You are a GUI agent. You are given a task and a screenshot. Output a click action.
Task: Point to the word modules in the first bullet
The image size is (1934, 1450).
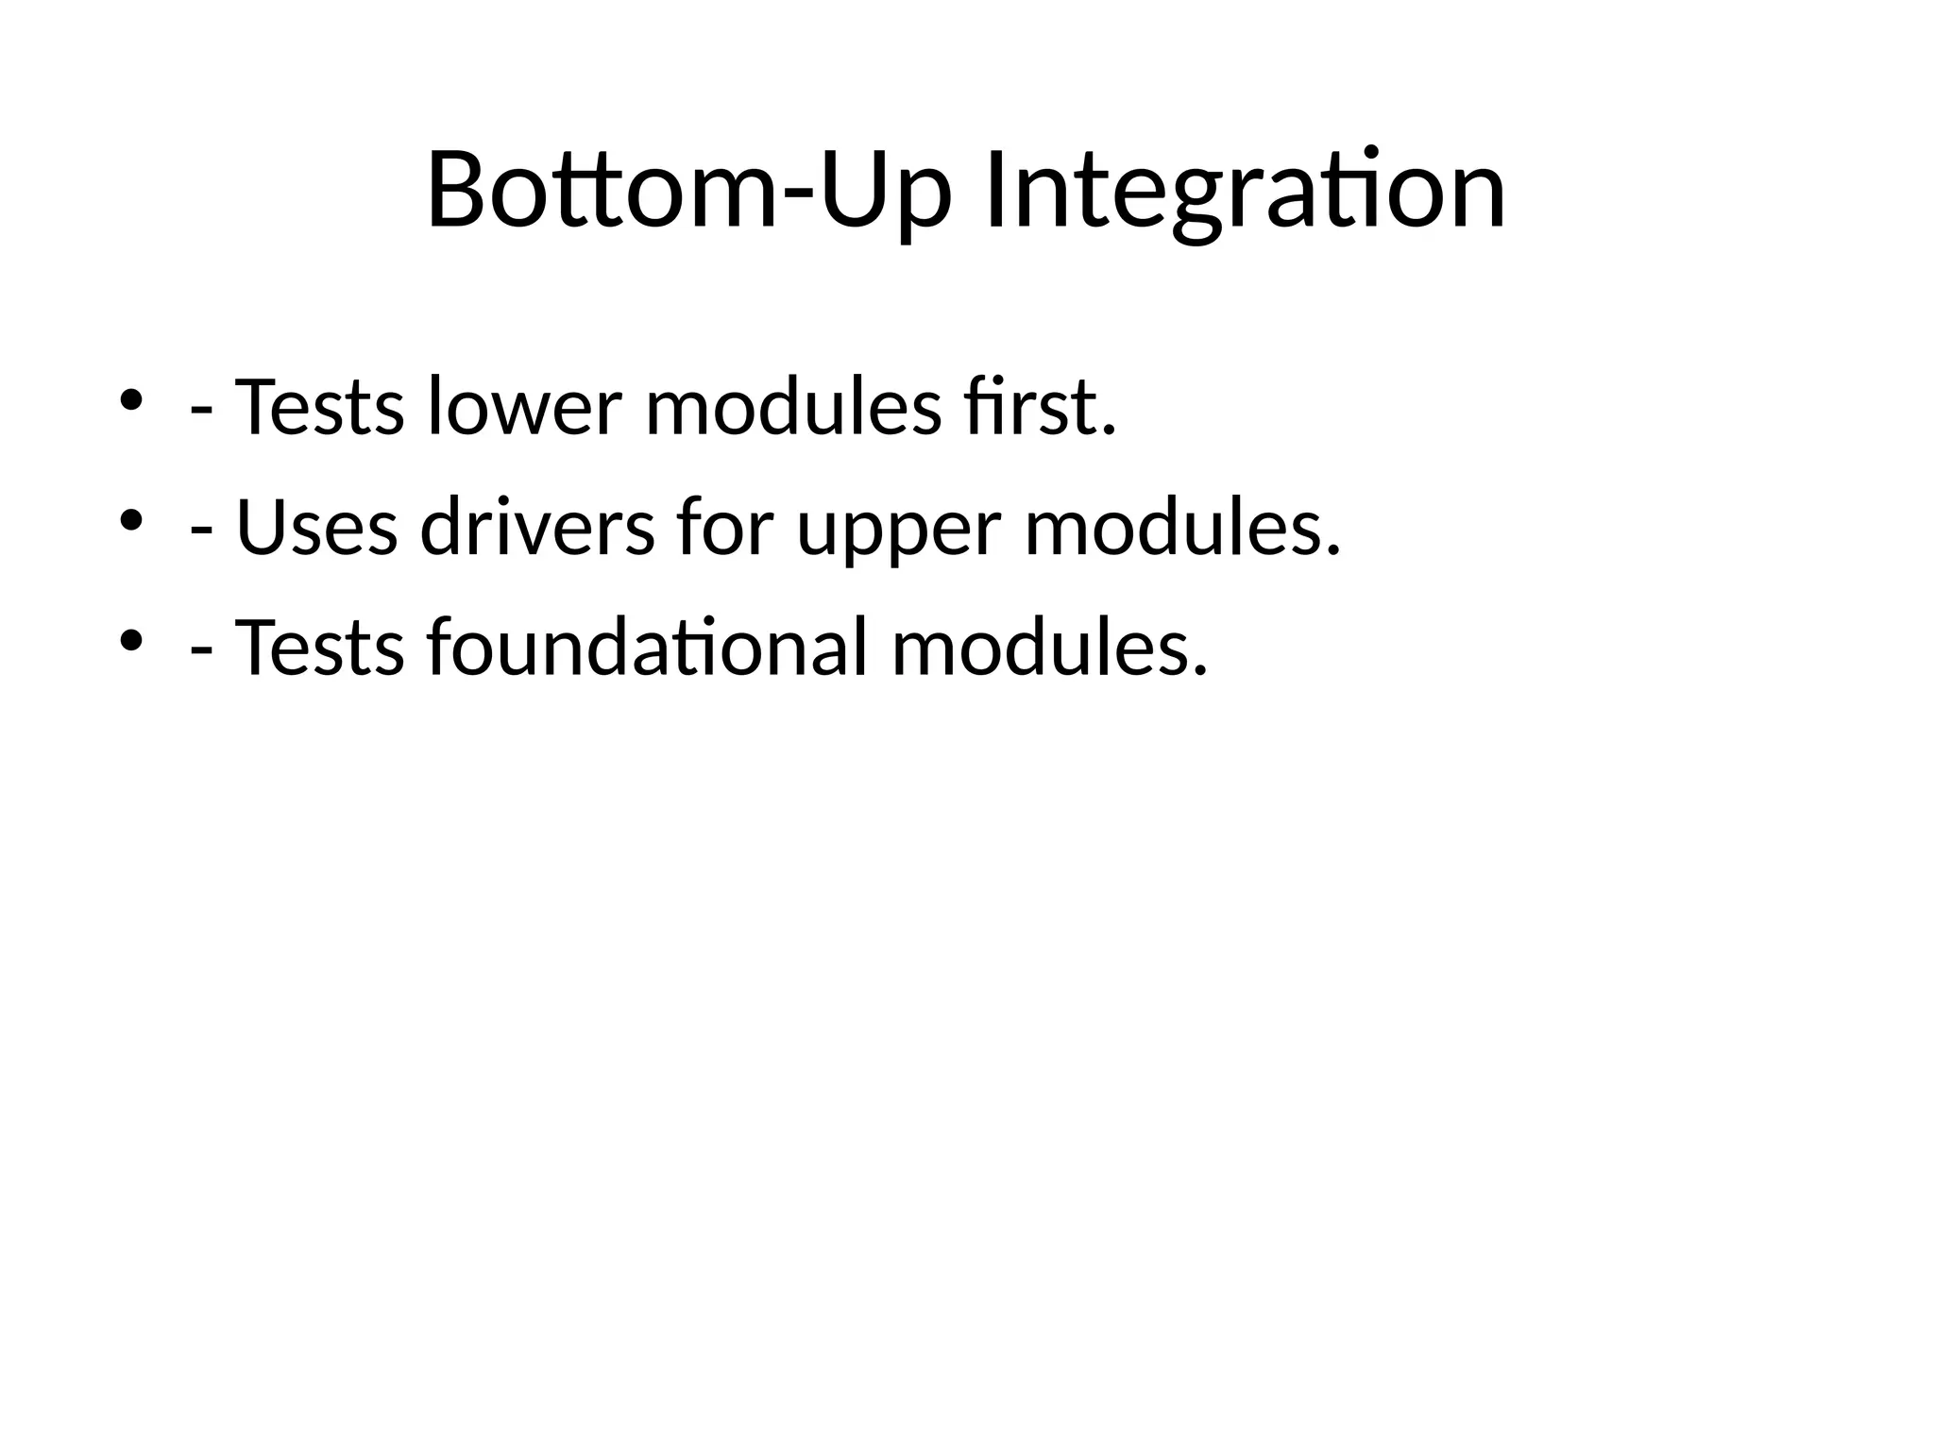tap(792, 408)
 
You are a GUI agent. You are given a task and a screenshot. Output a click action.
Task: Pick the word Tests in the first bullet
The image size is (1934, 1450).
tap(319, 408)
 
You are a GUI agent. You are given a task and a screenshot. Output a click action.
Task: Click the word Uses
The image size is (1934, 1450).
tap(316, 528)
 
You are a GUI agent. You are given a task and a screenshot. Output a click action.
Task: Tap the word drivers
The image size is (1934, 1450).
tap(536, 528)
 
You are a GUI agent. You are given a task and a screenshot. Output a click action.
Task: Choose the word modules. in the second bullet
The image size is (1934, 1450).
tap(1182, 528)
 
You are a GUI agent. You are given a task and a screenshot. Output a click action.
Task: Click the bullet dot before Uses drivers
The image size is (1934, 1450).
tap(130, 520)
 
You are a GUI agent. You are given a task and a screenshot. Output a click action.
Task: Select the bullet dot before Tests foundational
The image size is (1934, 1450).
tap(130, 641)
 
